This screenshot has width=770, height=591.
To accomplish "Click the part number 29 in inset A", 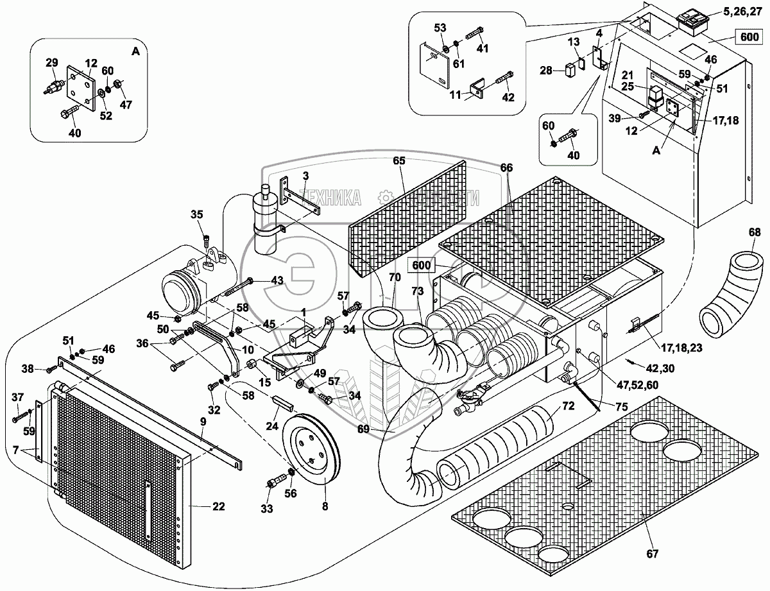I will (51, 62).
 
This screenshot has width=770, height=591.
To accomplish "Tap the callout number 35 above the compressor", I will (196, 214).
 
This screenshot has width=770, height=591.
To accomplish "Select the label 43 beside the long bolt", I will (276, 280).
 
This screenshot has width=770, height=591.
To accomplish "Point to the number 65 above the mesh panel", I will (399, 161).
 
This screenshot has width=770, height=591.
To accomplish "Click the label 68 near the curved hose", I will (755, 232).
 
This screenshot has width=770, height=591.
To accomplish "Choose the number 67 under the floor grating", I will (653, 553).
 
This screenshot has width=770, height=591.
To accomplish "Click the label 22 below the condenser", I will (219, 506).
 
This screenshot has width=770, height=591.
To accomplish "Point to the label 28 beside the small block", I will (546, 70).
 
